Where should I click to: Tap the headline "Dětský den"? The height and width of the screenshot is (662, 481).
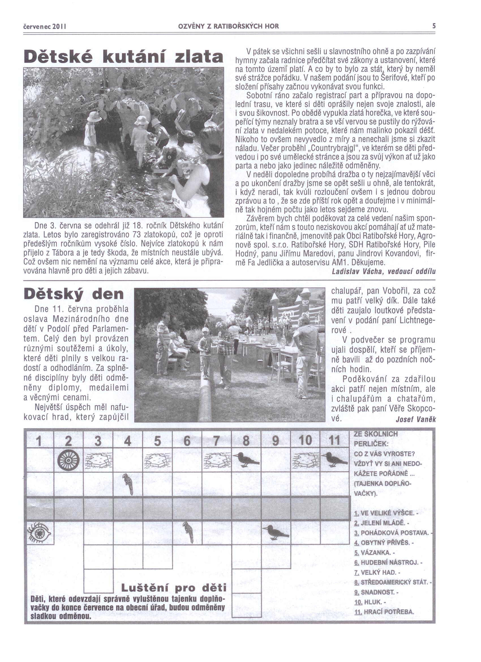tap(74, 294)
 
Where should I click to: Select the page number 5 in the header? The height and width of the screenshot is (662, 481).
tap(434, 26)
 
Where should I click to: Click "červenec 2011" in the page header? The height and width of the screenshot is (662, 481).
tap(45, 26)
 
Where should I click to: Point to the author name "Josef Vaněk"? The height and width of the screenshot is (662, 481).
tap(416, 419)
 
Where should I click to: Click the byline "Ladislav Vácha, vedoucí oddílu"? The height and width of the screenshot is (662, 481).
tap(384, 272)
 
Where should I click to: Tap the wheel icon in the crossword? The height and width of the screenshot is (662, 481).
tap(68, 460)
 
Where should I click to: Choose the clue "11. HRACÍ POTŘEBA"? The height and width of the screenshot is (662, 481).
tap(384, 612)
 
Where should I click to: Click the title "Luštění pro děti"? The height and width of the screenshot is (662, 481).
tap(173, 587)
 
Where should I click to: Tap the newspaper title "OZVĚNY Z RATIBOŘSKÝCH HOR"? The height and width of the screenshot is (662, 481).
tap(228, 26)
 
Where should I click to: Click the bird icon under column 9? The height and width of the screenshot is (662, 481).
tap(275, 532)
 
